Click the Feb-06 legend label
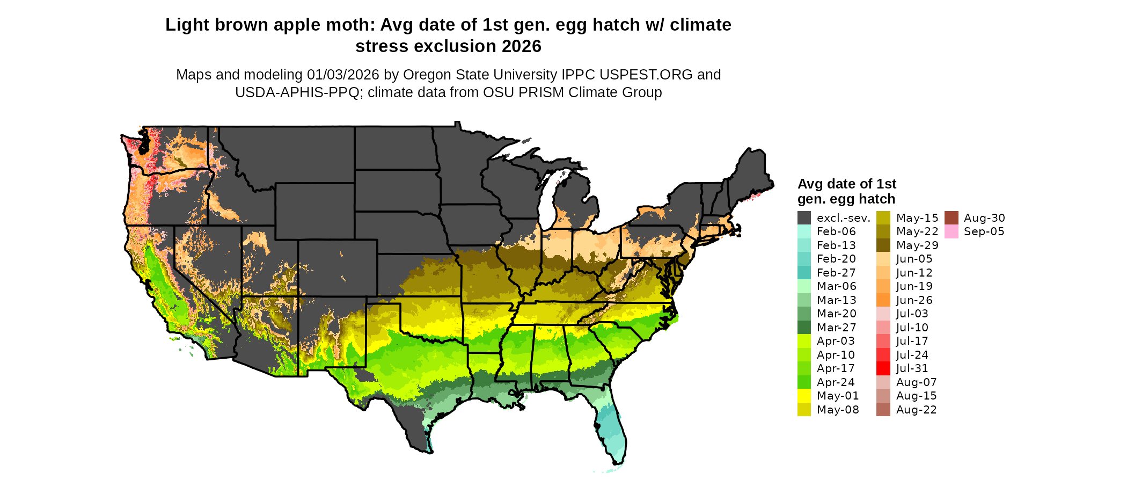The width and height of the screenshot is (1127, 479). pyautogui.click(x=836, y=231)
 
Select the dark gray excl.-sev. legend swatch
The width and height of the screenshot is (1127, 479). pyautogui.click(x=804, y=218)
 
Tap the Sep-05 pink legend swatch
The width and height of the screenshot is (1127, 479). pyautogui.click(x=951, y=231)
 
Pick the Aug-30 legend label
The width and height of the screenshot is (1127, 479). pyautogui.click(x=984, y=218)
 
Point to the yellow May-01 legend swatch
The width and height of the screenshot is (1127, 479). pyautogui.click(x=804, y=396)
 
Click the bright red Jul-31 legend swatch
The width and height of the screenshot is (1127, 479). pyautogui.click(x=883, y=368)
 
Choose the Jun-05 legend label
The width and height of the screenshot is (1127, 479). pyautogui.click(x=914, y=259)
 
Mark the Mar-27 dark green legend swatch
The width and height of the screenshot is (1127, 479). pyautogui.click(x=804, y=328)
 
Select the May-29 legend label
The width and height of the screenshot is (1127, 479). pyautogui.click(x=917, y=245)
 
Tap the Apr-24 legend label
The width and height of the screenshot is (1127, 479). pyautogui.click(x=836, y=382)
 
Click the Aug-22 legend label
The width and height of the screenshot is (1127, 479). pyautogui.click(x=917, y=410)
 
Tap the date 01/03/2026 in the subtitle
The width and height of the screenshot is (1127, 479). pyautogui.click(x=343, y=75)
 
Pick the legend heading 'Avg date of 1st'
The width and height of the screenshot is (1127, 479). pyautogui.click(x=846, y=184)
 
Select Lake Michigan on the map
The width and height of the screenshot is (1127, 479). pyautogui.click(x=547, y=201)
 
